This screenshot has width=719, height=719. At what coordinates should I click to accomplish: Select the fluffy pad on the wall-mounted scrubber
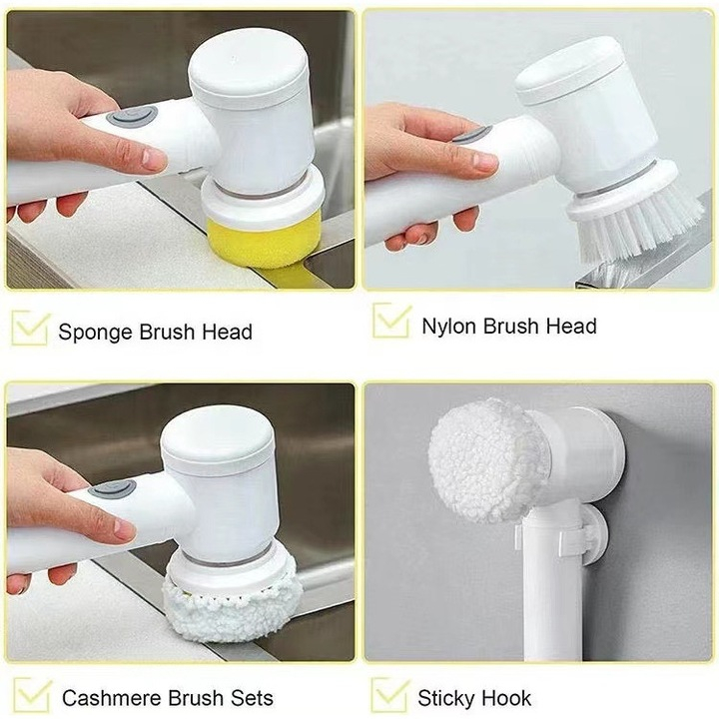pos(487,459)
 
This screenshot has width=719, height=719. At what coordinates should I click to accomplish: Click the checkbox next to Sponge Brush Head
pos(30,328)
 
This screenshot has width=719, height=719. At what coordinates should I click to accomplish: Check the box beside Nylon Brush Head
pos(390,322)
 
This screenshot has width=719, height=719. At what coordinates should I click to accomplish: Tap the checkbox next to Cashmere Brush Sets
pos(31,695)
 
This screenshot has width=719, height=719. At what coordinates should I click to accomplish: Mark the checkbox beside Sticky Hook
pos(389,695)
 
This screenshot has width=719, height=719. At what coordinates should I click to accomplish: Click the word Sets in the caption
pos(250,697)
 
